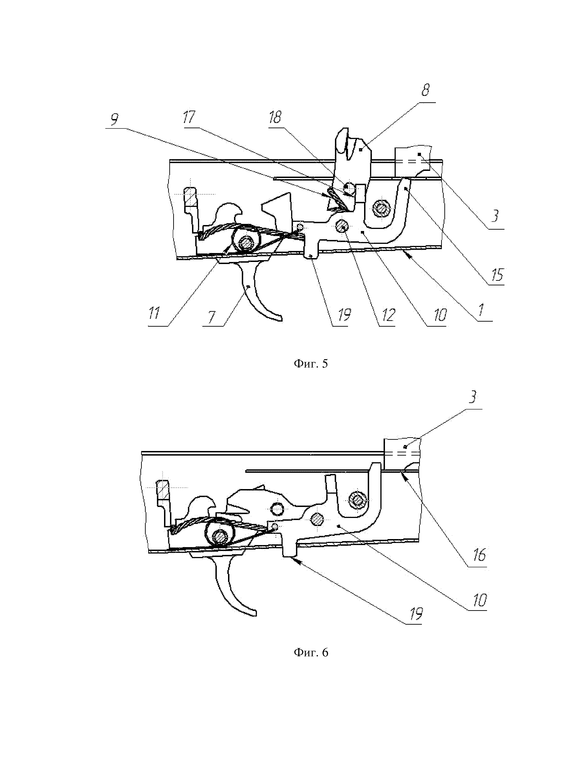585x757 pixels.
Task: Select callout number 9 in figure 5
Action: point(114,120)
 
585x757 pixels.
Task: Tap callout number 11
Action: point(154,314)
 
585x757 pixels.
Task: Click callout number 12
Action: point(388,315)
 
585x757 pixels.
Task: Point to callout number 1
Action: point(482,311)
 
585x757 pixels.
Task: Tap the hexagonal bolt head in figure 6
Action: point(357,500)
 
